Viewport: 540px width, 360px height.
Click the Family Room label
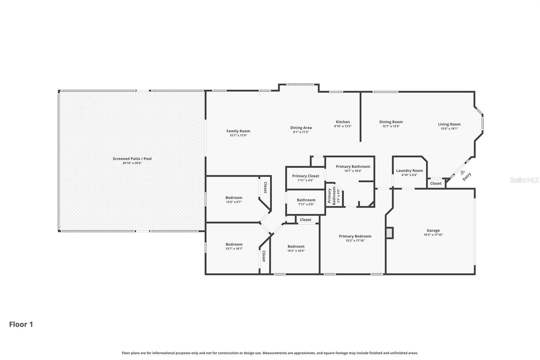coord(238,131)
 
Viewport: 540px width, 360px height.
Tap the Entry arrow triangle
coord(463,173)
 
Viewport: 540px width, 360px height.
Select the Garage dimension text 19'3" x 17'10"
coord(433,235)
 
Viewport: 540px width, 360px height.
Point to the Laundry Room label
coord(409,171)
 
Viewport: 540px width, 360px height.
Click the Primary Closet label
coord(305,176)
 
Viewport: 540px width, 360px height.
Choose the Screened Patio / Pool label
coord(132,159)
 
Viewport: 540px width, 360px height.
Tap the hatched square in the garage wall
coord(389,233)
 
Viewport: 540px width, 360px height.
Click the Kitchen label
coord(343,122)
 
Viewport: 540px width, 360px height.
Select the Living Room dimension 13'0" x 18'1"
coord(449,129)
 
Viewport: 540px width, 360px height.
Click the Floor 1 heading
coord(21,325)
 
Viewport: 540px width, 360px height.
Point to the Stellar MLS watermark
coord(524,180)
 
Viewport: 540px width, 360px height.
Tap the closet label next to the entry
coord(435,183)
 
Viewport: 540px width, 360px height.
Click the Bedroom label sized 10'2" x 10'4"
coord(296,247)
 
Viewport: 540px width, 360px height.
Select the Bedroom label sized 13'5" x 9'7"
coord(234,198)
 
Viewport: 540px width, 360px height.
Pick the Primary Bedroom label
coord(355,236)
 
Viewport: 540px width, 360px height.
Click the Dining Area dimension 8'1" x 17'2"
coord(301,132)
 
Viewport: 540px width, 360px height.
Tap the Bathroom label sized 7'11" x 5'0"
coord(306,200)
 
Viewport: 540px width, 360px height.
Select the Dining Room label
coord(391,122)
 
